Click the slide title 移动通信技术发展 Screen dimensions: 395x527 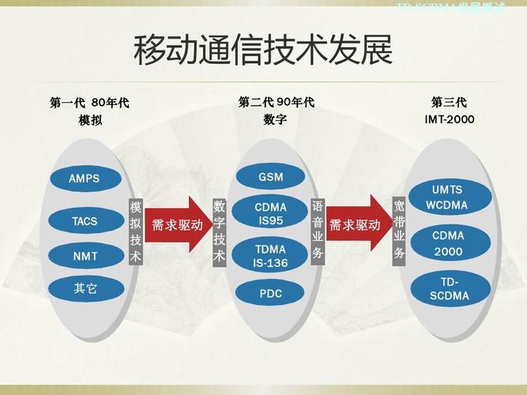(x=262, y=51)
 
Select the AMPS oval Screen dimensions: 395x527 (x=85, y=178)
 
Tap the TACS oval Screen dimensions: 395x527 (x=85, y=221)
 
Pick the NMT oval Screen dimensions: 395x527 (x=85, y=256)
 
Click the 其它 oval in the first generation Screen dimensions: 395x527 (x=85, y=288)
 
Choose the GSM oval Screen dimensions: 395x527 (x=270, y=177)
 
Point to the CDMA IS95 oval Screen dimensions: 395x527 (x=270, y=214)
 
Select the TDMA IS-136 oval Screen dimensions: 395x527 (x=270, y=255)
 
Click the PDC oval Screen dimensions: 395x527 (x=270, y=293)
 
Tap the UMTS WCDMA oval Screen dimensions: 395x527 (x=447, y=197)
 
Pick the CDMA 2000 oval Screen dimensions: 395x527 (x=448, y=243)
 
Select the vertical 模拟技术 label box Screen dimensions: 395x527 (x=135, y=231)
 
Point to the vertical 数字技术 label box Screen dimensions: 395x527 (x=220, y=231)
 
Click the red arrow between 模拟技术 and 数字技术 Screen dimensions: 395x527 (x=178, y=225)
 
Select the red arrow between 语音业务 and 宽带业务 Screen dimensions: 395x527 (x=357, y=225)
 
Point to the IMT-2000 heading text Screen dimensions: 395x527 (x=449, y=120)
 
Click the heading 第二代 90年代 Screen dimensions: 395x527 (x=276, y=102)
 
